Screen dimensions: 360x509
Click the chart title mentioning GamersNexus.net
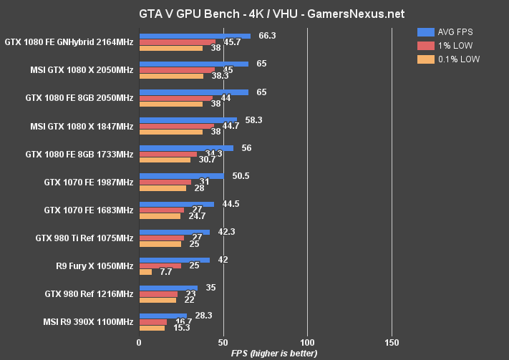coord(254,14)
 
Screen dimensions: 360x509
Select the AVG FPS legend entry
coord(452,32)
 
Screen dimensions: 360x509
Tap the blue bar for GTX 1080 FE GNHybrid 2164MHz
coord(195,35)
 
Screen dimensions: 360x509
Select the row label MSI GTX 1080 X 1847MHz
coord(81,127)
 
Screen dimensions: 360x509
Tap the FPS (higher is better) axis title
coord(275,354)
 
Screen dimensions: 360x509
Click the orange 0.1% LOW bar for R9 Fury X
coord(145,272)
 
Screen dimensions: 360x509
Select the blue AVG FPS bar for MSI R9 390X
coord(163,315)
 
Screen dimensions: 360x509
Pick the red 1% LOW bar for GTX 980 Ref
coord(158,293)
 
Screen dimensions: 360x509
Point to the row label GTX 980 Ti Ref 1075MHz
coord(84,238)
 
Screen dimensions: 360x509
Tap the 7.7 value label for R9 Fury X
coord(165,273)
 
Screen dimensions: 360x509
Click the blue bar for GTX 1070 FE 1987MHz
coord(181,175)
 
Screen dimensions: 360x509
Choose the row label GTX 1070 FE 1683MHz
coord(88,210)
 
